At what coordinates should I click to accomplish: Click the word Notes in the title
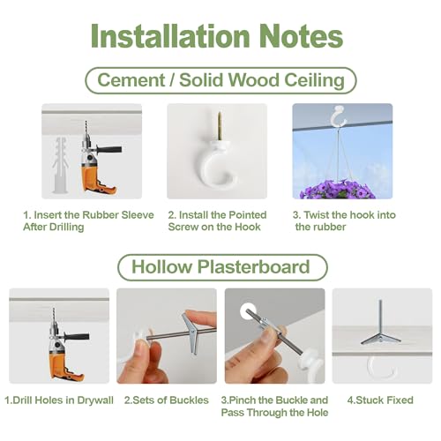(x=297, y=36)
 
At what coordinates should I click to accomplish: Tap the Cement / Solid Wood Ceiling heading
(x=220, y=80)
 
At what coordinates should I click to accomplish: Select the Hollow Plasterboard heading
(x=220, y=267)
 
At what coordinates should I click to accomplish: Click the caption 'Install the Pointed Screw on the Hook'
(x=217, y=220)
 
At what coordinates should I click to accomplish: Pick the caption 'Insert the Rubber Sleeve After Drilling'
(x=88, y=220)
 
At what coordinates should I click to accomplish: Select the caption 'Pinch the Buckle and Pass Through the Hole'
(x=274, y=406)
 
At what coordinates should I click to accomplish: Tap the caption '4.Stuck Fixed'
(x=380, y=400)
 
